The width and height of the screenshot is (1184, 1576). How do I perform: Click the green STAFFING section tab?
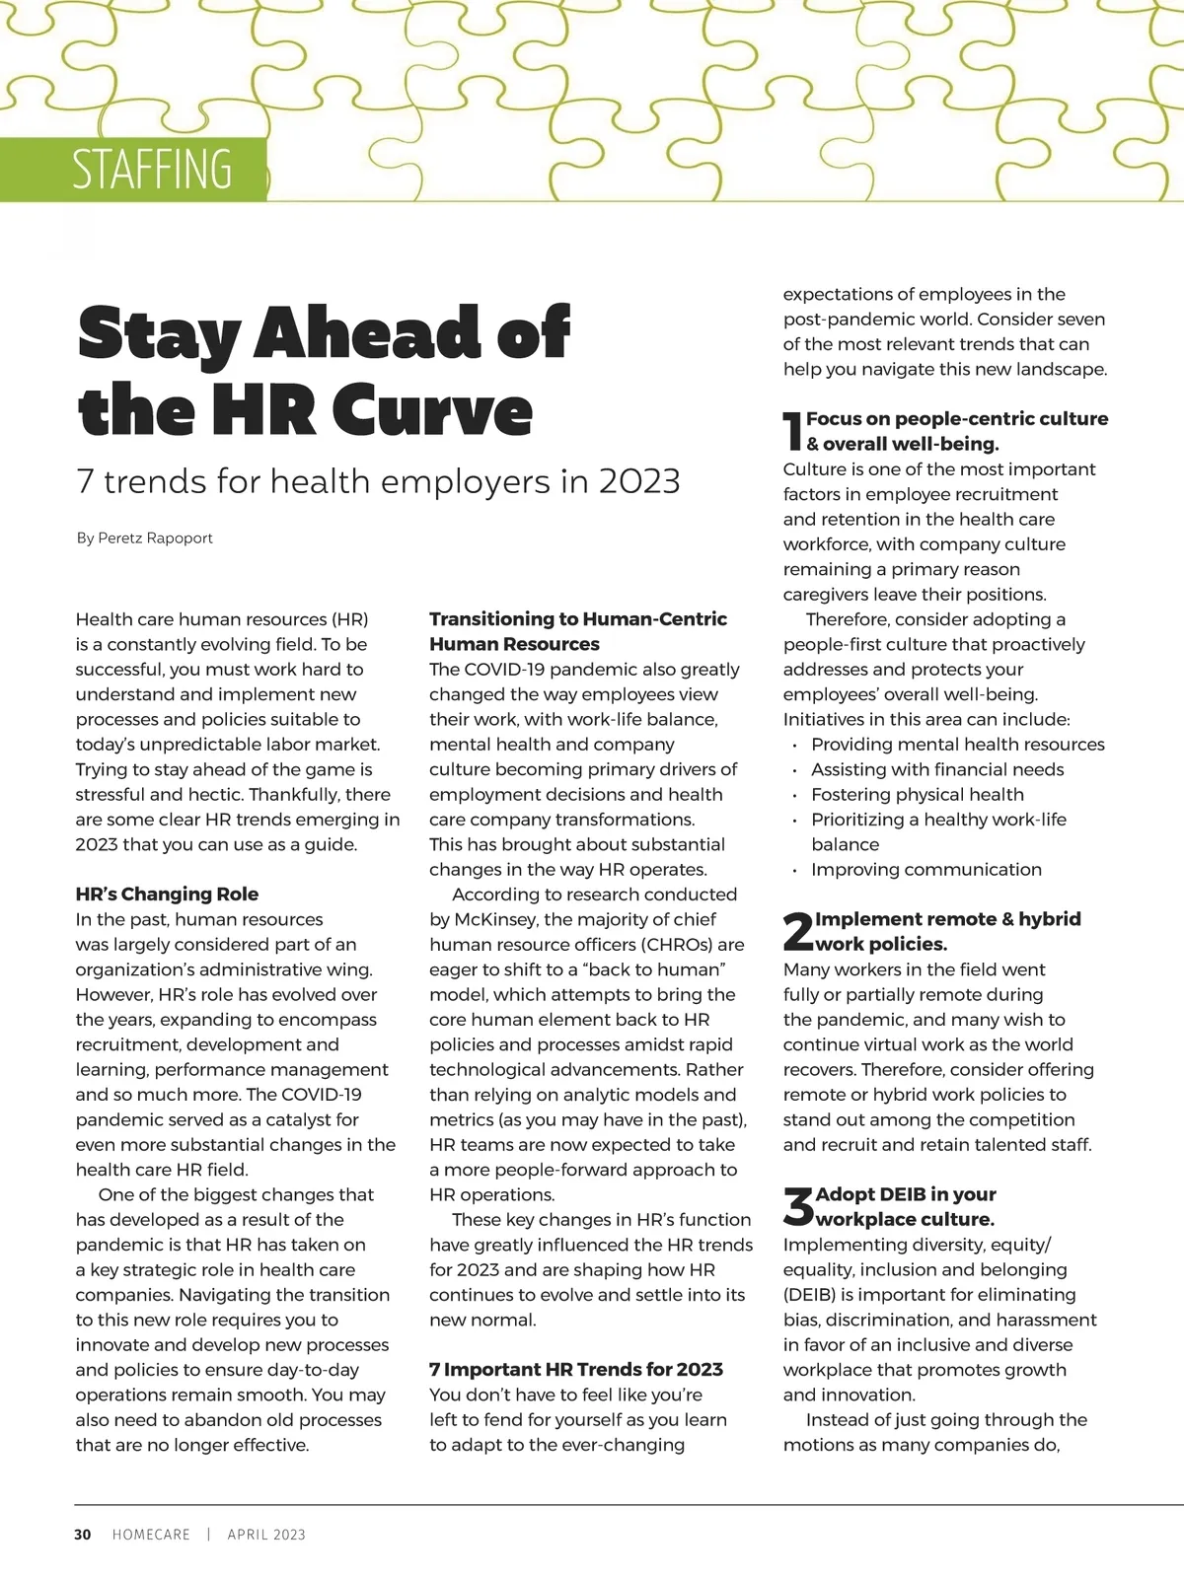pos(133,170)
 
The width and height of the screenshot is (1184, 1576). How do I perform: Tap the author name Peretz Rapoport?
pos(155,537)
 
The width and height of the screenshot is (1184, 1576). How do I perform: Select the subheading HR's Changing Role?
pos(167,894)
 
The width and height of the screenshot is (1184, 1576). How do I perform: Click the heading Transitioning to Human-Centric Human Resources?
pos(577,631)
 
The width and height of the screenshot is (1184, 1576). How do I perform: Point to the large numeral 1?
pos(792,432)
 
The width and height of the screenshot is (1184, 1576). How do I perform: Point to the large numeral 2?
pos(797,932)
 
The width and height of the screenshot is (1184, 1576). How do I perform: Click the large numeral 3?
pos(797,1206)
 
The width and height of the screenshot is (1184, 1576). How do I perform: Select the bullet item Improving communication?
pos(925,869)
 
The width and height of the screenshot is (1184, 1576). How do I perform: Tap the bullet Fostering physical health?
pos(917,794)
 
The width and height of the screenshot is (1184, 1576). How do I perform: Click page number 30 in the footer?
pos(83,1534)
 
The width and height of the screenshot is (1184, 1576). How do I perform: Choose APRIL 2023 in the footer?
pos(266,1534)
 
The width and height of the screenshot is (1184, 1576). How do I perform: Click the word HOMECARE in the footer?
pos(151,1534)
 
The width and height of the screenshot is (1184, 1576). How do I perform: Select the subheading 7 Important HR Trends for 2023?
pos(576,1369)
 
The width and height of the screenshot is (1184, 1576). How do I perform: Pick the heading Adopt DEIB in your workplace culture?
pos(905,1206)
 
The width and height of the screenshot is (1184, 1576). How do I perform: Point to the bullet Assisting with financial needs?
pos(937,769)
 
